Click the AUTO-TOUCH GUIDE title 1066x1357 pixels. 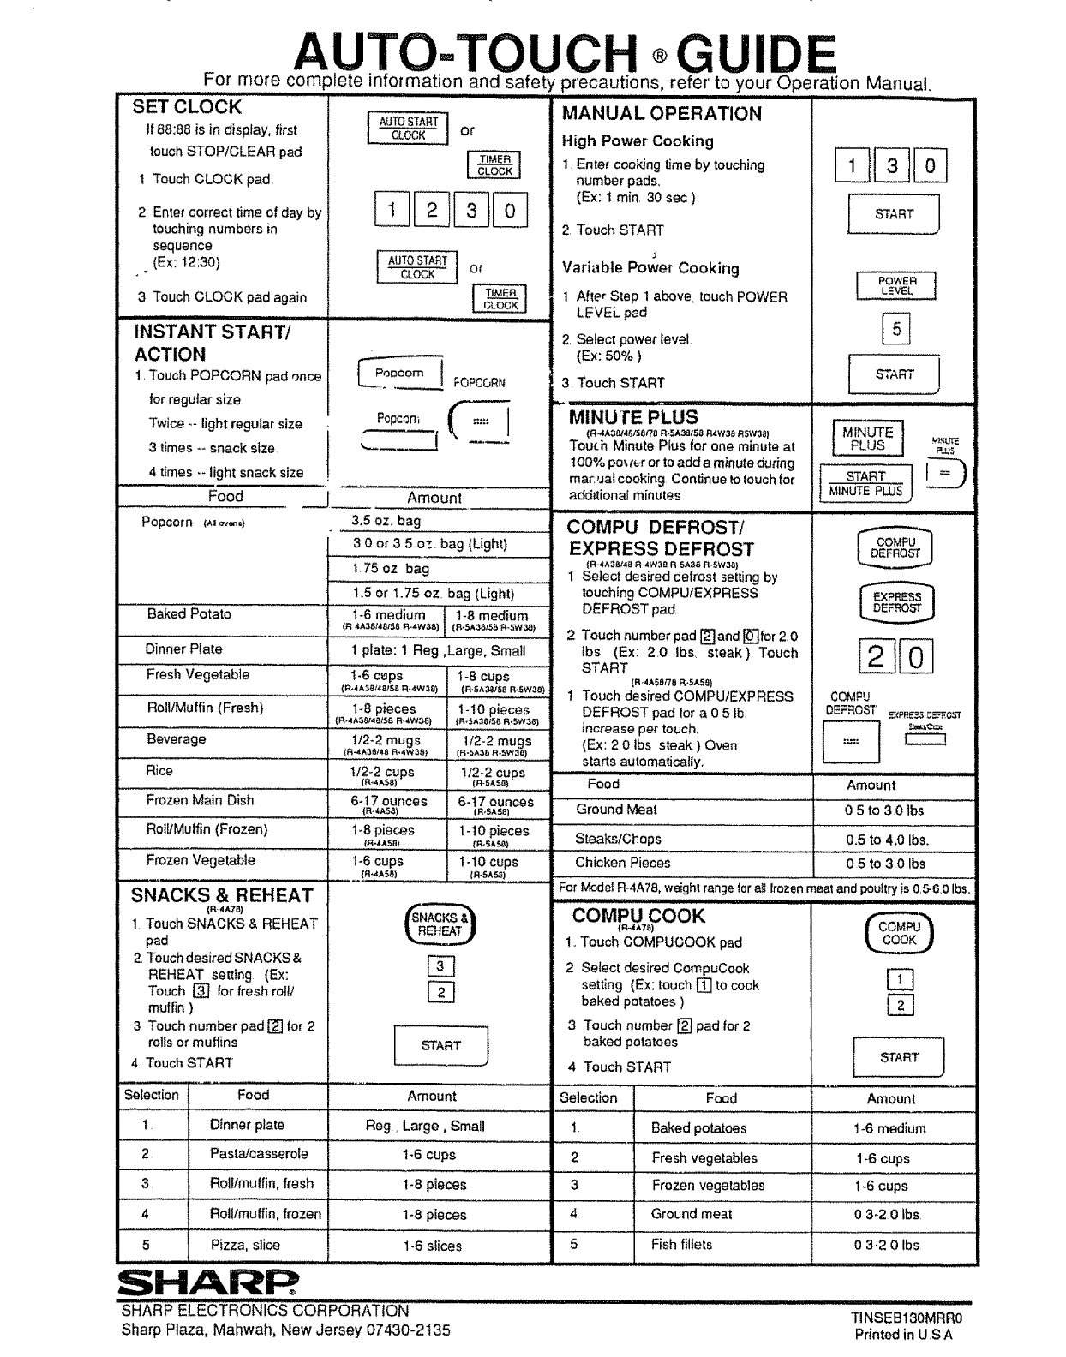(x=564, y=54)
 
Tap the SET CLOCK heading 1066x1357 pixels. (x=187, y=107)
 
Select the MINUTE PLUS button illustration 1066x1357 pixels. (x=867, y=439)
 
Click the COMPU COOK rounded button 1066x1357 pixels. (x=899, y=933)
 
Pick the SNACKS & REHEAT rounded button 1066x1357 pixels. (x=440, y=924)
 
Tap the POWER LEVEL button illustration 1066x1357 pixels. (x=896, y=285)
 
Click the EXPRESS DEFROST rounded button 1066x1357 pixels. (x=896, y=602)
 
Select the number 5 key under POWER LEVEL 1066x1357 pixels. (x=895, y=328)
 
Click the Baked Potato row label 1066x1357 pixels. (x=189, y=613)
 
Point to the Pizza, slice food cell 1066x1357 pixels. (x=245, y=1245)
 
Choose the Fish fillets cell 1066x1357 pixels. (x=681, y=1244)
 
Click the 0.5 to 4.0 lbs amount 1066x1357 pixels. (x=887, y=840)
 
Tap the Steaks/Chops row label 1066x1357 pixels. (x=618, y=839)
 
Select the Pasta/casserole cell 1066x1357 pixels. (x=259, y=1154)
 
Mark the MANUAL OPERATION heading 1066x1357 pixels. (x=662, y=113)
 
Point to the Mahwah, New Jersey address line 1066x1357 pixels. (x=285, y=1330)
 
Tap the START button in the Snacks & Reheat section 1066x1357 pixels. (x=440, y=1045)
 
